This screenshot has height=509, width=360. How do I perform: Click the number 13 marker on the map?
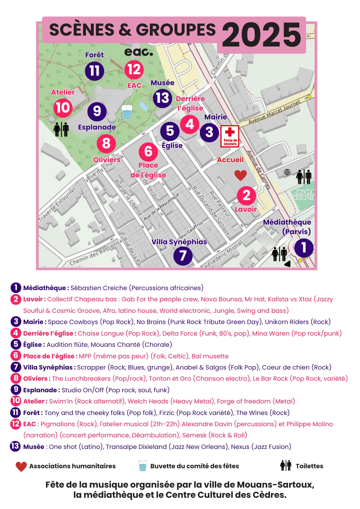coord(163,98)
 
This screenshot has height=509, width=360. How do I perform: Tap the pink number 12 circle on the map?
coord(134,70)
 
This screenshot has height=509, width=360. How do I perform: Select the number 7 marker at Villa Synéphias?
coord(183,256)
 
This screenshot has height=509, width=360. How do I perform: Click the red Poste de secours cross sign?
coord(230,136)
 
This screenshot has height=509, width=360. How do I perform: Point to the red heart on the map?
coord(241,175)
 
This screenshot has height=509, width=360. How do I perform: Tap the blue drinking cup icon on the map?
coord(127,112)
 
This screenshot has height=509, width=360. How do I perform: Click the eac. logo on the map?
coord(138,52)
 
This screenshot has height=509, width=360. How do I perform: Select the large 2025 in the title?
coord(261,35)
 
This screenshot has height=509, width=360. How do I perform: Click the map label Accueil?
coord(230,160)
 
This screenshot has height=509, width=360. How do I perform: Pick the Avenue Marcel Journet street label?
coord(274,112)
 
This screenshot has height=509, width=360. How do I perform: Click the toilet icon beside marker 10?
coord(61,129)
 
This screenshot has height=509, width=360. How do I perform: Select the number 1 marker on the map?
coord(304,247)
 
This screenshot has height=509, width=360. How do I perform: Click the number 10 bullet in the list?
coord(16,401)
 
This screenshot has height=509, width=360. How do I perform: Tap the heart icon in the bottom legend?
coord(21,467)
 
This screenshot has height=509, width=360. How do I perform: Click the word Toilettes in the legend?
coord(309,466)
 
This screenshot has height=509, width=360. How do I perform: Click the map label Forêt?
coord(94,55)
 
